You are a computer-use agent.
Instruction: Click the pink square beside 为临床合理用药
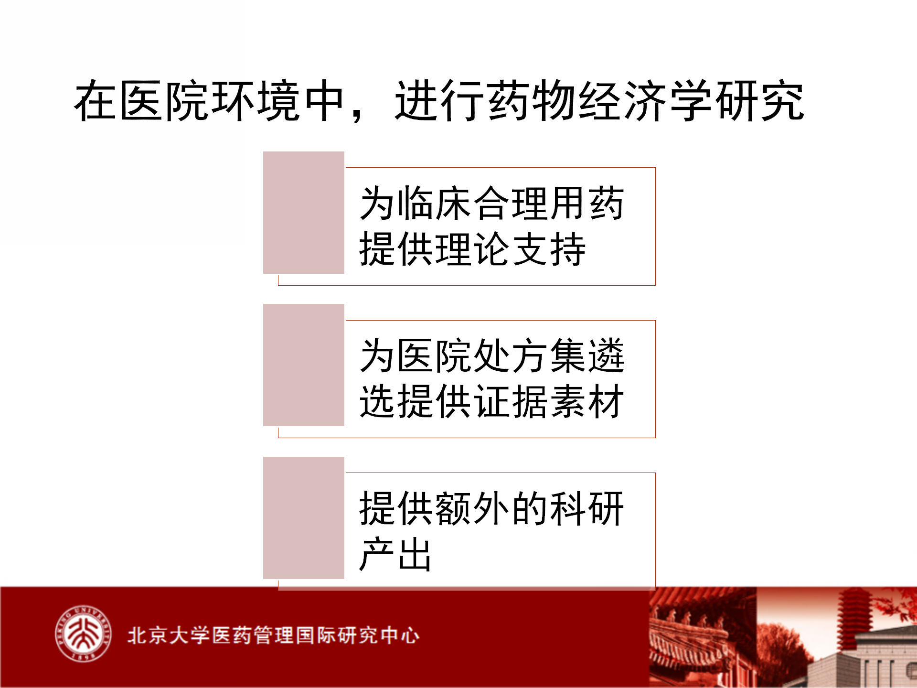(x=304, y=213)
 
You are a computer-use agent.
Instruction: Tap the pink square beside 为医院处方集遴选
(x=304, y=365)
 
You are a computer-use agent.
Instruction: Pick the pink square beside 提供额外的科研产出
(x=304, y=518)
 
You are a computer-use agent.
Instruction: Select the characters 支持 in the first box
(x=549, y=249)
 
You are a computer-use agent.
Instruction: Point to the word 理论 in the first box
(x=473, y=249)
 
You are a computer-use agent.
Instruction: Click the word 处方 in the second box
(x=511, y=355)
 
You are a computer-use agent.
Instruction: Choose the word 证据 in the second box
(x=511, y=401)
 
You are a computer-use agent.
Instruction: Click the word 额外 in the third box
(x=473, y=508)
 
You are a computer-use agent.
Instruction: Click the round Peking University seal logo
(x=83, y=634)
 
